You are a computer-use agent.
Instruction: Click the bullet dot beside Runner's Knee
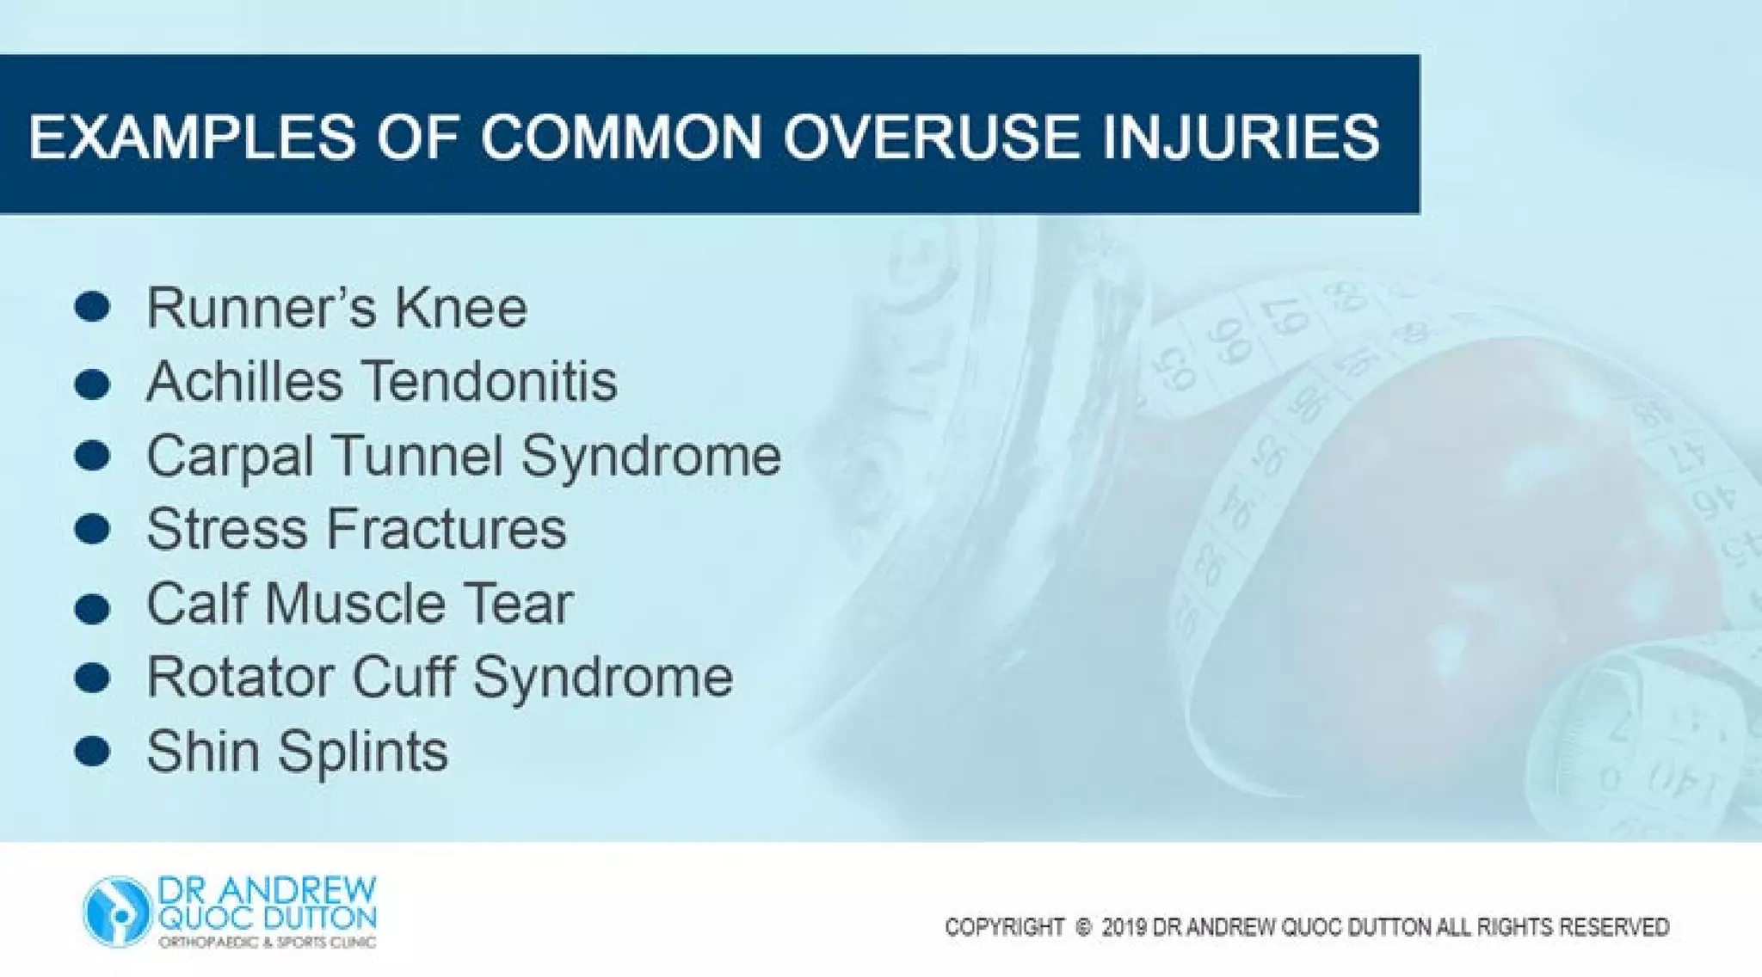click(x=92, y=307)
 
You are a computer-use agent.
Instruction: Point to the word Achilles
click(x=244, y=381)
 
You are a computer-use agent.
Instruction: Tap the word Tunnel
click(x=417, y=455)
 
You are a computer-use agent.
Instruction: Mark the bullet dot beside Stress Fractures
click(x=92, y=529)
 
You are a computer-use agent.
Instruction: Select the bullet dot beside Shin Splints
click(x=92, y=752)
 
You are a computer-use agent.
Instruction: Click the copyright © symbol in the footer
click(x=1083, y=927)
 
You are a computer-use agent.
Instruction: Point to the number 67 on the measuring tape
click(x=1285, y=320)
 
